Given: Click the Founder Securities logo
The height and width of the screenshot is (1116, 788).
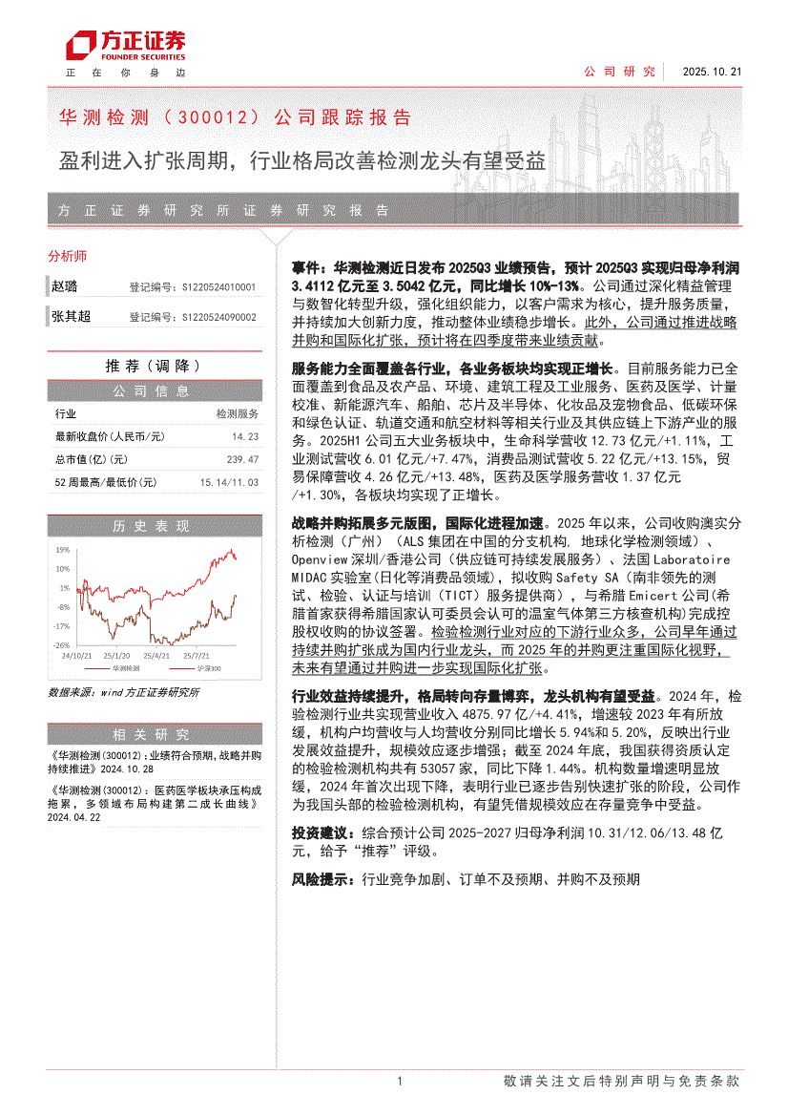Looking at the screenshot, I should tap(125, 46).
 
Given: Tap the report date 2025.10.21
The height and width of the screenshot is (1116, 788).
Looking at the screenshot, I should tap(712, 72).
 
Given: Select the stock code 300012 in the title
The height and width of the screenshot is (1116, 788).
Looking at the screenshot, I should tap(212, 118).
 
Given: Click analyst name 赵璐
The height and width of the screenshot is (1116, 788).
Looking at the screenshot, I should tap(65, 286).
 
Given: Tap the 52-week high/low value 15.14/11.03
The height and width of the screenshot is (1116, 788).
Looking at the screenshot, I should tap(229, 483).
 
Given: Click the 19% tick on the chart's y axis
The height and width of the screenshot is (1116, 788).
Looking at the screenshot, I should tap(63, 550).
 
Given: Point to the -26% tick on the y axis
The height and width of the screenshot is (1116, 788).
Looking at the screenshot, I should tap(62, 645).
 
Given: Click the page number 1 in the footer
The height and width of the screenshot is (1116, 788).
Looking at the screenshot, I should tap(399, 1081).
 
